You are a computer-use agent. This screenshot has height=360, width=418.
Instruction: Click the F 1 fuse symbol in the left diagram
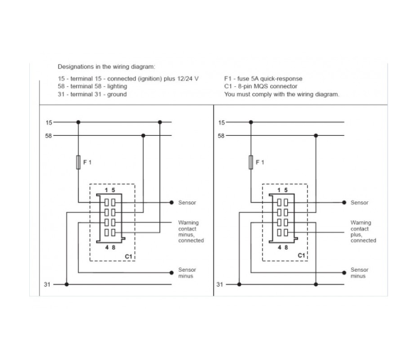pyautogui.click(x=78, y=162)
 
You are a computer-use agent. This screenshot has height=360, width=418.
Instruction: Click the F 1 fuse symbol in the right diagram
pyautogui.click(x=250, y=162)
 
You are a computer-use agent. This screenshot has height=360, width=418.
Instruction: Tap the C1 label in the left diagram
pyautogui.click(x=129, y=256)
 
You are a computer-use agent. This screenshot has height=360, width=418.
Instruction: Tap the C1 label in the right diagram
pyautogui.click(x=301, y=255)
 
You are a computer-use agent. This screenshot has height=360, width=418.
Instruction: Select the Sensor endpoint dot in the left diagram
pyautogui.click(x=172, y=203)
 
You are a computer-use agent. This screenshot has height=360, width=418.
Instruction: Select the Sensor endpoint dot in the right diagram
pyautogui.click(x=344, y=203)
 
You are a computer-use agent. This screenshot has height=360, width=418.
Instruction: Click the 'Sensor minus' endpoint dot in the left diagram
pyautogui.click(x=172, y=272)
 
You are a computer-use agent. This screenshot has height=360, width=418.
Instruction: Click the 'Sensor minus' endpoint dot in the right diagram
pyautogui.click(x=344, y=272)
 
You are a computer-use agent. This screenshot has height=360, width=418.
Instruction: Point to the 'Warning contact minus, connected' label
pyautogui.click(x=191, y=231)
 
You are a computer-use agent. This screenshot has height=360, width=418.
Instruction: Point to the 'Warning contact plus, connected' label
pyautogui.click(x=363, y=231)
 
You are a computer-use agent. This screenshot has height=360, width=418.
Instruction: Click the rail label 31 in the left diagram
pyautogui.click(x=47, y=285)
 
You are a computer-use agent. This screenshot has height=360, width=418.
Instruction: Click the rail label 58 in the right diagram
pyautogui.click(x=221, y=136)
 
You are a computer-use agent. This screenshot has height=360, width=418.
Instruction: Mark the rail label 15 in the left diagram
pyautogui.click(x=49, y=122)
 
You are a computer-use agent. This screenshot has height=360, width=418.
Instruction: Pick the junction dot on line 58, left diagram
pyautogui.click(x=143, y=136)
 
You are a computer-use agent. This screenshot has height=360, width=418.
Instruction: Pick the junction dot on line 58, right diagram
pyautogui.click(x=316, y=136)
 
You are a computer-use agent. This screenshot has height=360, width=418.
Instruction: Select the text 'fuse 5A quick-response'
pyautogui.click(x=270, y=79)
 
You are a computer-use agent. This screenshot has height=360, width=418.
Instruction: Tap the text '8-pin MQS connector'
pyautogui.click(x=267, y=86)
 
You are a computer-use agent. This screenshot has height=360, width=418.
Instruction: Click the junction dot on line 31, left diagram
pyautogui.click(x=67, y=285)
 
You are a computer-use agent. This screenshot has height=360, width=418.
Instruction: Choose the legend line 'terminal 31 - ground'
pyautogui.click(x=98, y=94)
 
